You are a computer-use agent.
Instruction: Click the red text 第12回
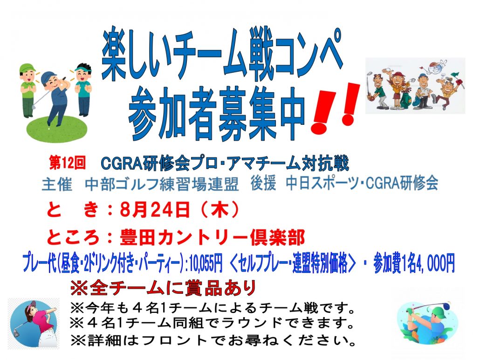coord(68,163)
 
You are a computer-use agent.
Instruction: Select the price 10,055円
coord(206,263)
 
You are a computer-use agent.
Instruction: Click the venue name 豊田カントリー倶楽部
coord(212,237)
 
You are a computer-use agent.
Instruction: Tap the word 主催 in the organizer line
coord(57,184)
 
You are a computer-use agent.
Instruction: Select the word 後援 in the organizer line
coord(263,184)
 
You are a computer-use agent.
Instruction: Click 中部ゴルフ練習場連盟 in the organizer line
coord(161,184)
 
